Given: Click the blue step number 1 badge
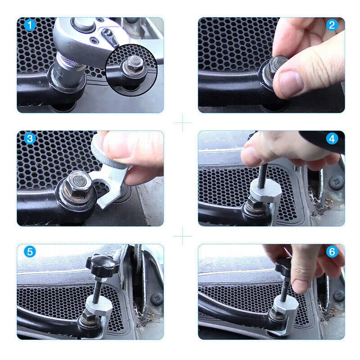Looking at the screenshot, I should pyautogui.click(x=30, y=25).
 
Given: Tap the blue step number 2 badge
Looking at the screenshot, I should pyautogui.click(x=332, y=25).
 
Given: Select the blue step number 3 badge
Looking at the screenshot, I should pyautogui.click(x=30, y=139).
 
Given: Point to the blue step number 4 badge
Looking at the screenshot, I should pyautogui.click(x=332, y=139).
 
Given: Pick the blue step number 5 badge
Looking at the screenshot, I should pyautogui.click(x=30, y=252).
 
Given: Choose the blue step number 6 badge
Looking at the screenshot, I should pyautogui.click(x=332, y=252).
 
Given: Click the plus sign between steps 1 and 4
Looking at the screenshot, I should pyautogui.click(x=182, y=122).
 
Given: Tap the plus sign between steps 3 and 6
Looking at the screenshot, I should pyautogui.click(x=182, y=236).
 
